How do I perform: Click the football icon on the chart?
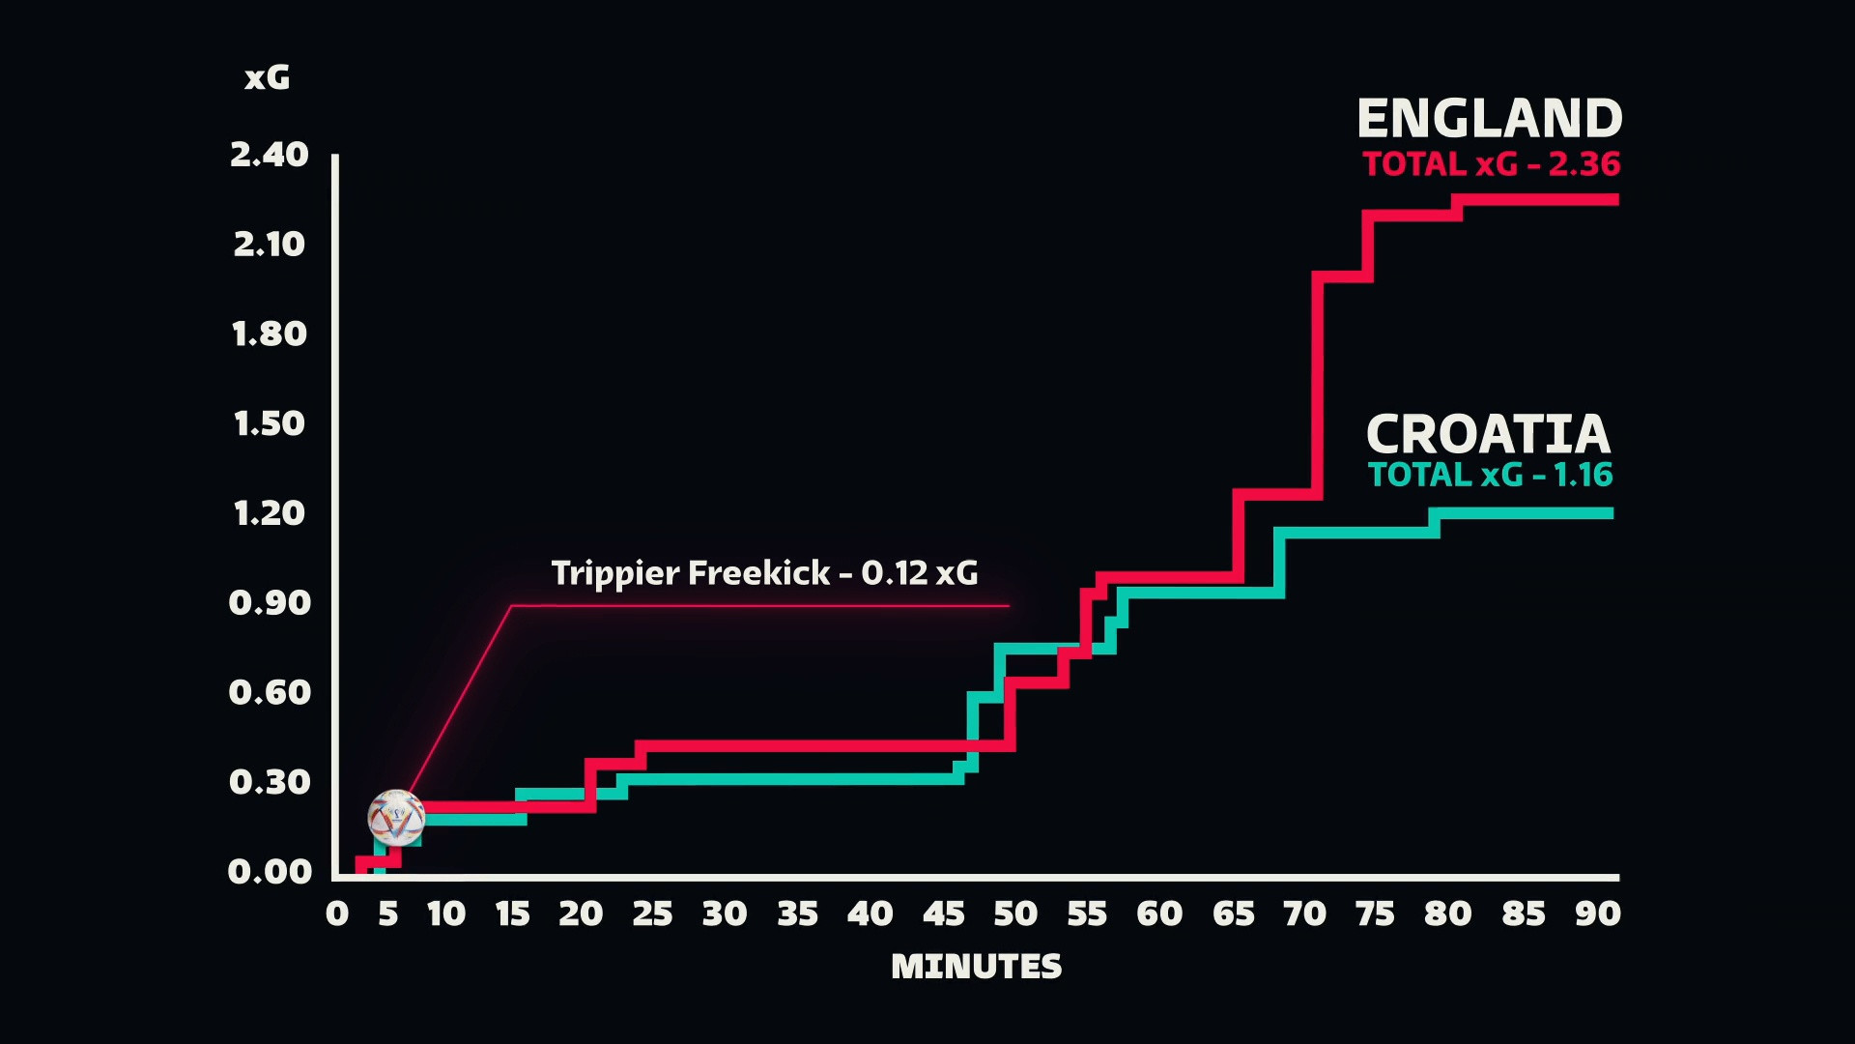(x=396, y=818)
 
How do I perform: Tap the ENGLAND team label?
(x=1489, y=119)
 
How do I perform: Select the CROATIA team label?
(x=1488, y=434)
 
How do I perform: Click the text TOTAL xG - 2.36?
(x=1491, y=164)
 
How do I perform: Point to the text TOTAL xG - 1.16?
(x=1490, y=475)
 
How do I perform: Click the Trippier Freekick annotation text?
(x=764, y=573)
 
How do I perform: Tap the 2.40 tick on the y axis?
(x=269, y=155)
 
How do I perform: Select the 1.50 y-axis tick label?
(x=269, y=423)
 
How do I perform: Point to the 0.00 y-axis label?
(x=269, y=872)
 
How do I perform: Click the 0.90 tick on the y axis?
(x=269, y=603)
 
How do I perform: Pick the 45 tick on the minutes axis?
(x=943, y=913)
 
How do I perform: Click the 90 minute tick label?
(x=1597, y=913)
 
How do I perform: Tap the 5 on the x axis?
(x=387, y=913)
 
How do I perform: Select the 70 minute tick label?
(x=1304, y=913)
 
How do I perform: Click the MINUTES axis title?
(x=976, y=967)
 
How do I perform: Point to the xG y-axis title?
(x=267, y=77)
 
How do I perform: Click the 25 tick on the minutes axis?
(x=652, y=913)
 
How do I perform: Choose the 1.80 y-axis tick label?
(x=269, y=334)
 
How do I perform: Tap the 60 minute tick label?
(x=1159, y=913)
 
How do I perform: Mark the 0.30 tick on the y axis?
(x=269, y=782)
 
